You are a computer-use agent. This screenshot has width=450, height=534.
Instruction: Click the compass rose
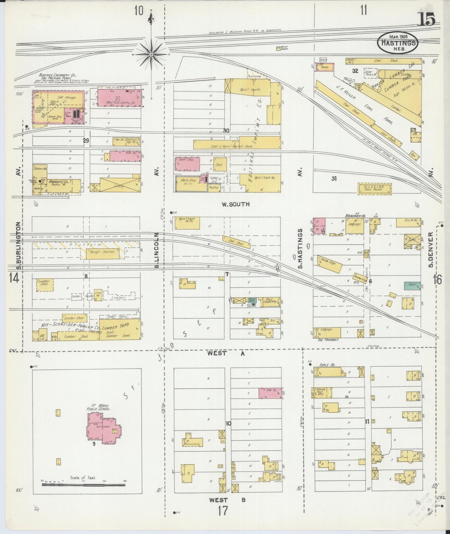pyautogui.click(x=151, y=54)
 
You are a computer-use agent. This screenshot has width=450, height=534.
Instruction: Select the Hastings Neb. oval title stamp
pyautogui.click(x=398, y=43)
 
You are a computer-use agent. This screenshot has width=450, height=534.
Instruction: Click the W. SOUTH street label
pyautogui.click(x=235, y=205)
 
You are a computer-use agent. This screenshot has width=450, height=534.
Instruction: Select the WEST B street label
pyautogui.click(x=227, y=500)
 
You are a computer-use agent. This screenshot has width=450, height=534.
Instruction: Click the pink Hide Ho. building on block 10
pyautogui.click(x=270, y=393)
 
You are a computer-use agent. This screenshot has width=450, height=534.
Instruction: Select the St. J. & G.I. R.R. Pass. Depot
pyautogui.click(x=374, y=189)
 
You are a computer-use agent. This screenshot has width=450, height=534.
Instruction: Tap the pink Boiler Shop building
pyautogui.click(x=187, y=164)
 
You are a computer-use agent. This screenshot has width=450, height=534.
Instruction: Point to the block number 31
pyautogui.click(x=334, y=179)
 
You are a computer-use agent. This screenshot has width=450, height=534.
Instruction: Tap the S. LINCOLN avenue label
pyautogui.click(x=157, y=250)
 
